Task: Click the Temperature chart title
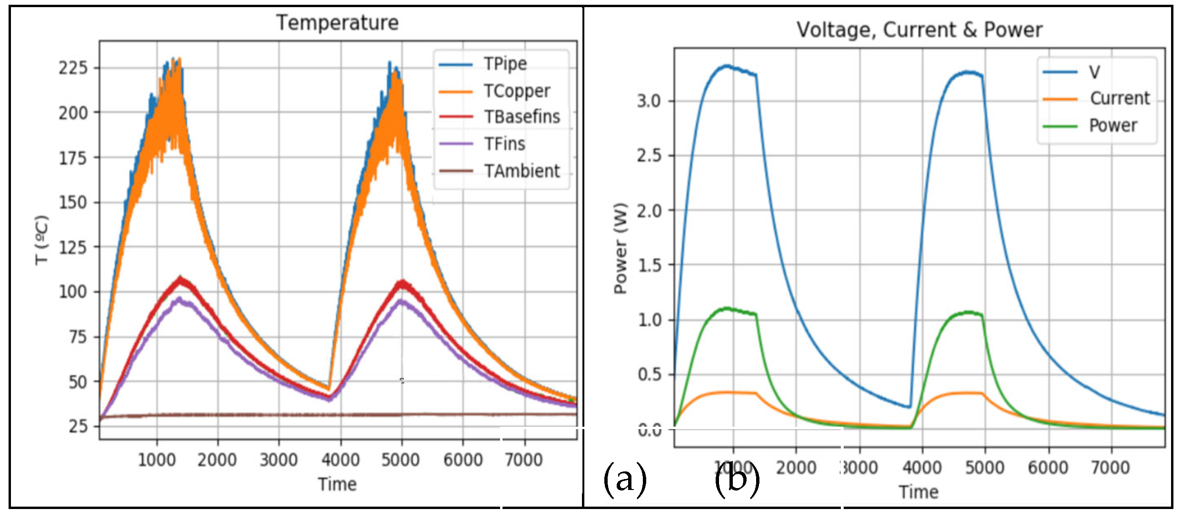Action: point(337,23)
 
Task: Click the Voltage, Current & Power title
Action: point(919,30)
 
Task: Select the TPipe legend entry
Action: point(504,64)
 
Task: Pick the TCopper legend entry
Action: point(516,91)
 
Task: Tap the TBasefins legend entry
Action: point(522,117)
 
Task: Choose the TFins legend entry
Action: point(504,144)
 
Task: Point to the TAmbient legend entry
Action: point(522,171)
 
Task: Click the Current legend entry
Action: point(1119,98)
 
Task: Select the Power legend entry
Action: point(1113,126)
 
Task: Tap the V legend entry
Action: point(1094,72)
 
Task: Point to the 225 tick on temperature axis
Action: point(73,68)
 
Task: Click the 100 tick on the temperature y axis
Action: point(73,292)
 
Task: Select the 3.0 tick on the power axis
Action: point(649,101)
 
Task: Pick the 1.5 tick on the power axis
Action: point(649,265)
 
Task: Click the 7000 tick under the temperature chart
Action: point(523,460)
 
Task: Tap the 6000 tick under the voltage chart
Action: point(1048,468)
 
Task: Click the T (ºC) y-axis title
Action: point(42,240)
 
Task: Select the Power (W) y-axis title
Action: point(620,248)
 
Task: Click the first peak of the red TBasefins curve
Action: point(180,279)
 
